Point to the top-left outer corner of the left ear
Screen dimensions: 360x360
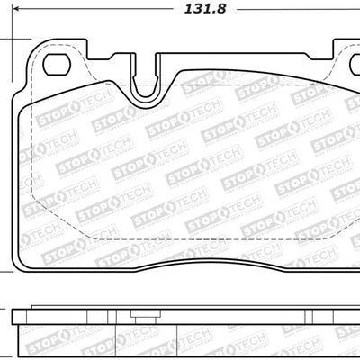[32, 42]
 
